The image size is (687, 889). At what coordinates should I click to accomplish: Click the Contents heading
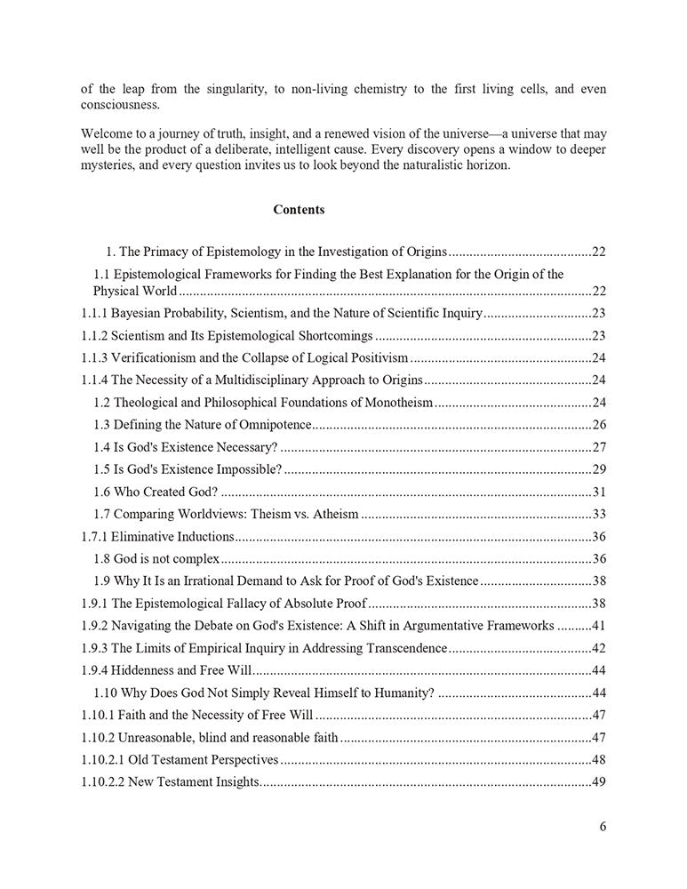[x=299, y=211]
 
